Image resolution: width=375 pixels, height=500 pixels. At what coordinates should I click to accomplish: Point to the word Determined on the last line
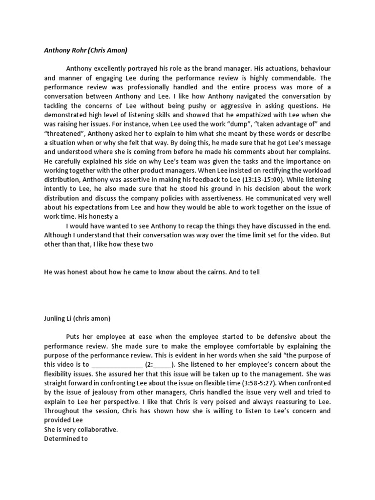(x=61, y=438)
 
